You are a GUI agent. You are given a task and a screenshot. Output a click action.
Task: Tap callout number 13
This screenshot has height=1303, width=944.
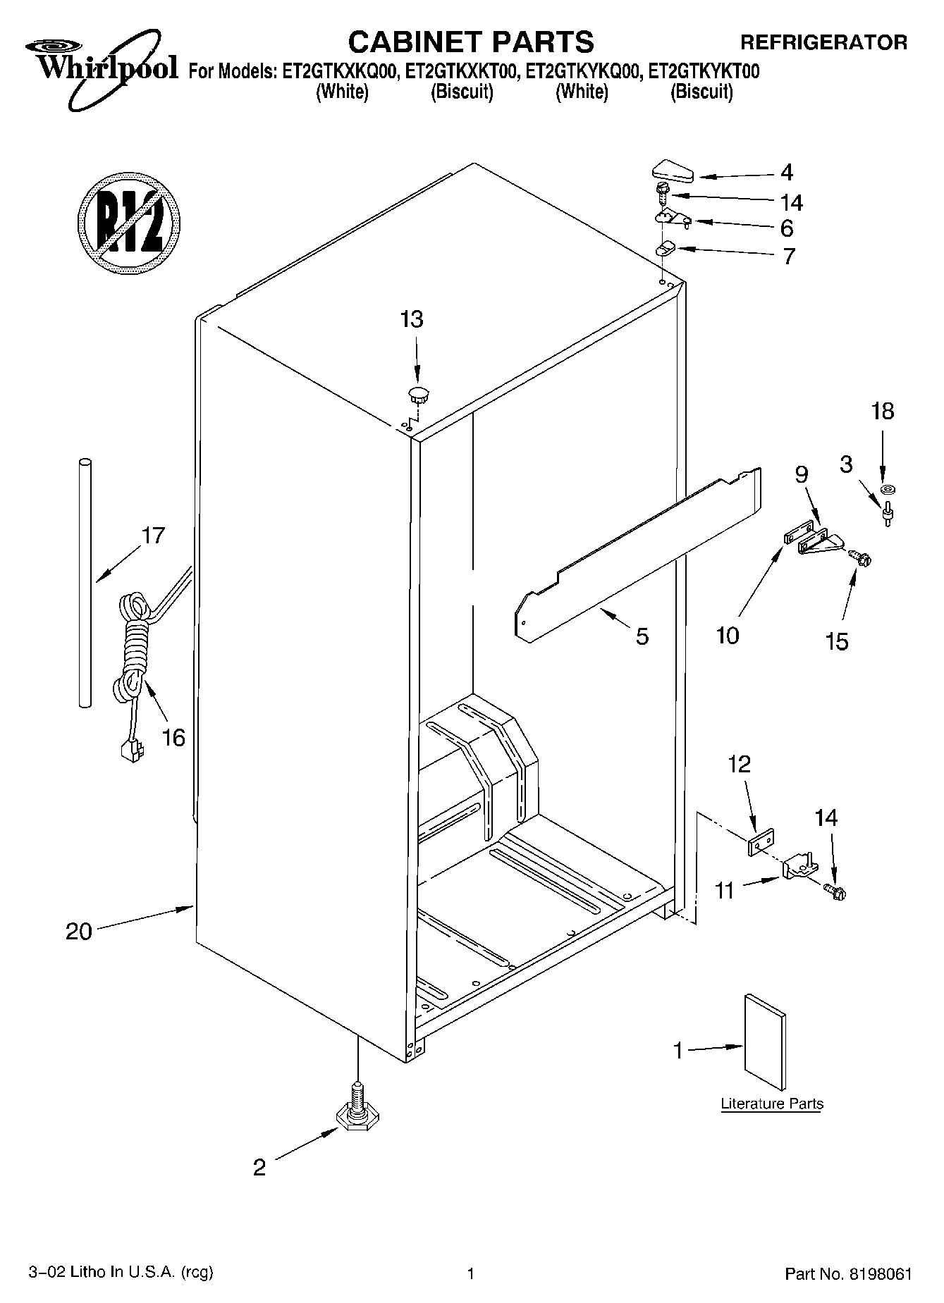(x=412, y=319)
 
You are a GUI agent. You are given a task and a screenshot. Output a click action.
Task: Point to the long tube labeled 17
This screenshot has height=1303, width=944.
(x=85, y=581)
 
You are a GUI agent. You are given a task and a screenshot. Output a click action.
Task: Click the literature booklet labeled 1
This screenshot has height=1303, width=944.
(x=765, y=1042)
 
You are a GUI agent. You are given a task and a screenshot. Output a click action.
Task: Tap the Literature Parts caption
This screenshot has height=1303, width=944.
(x=772, y=1104)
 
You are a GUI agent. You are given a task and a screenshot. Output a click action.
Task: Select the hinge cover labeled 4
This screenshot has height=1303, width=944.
(x=673, y=171)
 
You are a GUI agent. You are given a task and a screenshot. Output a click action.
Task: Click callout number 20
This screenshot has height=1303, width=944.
(x=79, y=932)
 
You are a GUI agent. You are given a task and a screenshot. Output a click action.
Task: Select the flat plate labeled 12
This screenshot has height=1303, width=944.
(x=761, y=842)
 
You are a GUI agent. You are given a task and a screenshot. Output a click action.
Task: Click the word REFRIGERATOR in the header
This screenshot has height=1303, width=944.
(x=823, y=42)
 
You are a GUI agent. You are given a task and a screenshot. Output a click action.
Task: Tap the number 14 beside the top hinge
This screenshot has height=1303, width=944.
(x=791, y=203)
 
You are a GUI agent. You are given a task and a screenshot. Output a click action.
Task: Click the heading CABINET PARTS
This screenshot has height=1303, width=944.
(x=471, y=42)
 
